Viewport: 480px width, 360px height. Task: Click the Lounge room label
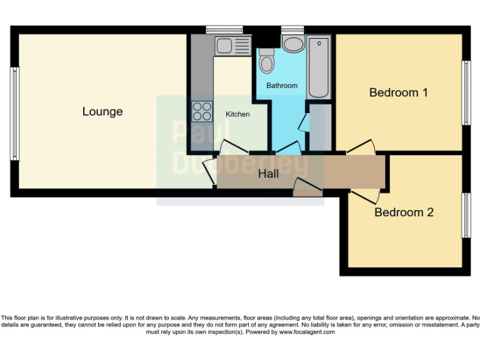102,112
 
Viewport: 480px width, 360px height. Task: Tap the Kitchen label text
237,114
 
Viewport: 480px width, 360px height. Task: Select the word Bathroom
282,85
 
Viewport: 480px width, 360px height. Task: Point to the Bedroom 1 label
398,92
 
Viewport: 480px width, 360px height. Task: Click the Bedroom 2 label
404,212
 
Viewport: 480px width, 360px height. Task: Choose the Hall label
268,174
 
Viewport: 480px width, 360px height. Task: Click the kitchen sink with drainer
232,46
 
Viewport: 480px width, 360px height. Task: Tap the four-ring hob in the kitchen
202,111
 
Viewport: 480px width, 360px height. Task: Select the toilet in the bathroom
267,61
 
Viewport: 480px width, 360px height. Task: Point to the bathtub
319,67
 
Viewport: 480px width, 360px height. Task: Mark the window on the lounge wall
14,113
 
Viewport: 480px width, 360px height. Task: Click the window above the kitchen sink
224,29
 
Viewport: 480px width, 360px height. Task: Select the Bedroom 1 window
465,92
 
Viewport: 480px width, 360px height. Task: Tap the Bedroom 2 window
465,215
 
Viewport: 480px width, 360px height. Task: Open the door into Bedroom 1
361,147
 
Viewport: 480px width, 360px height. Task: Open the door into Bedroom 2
364,196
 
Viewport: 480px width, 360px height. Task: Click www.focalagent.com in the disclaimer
306,332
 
